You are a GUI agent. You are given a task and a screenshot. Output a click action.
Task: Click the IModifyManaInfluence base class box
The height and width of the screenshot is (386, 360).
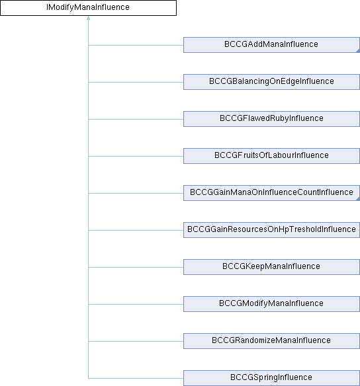click(88, 8)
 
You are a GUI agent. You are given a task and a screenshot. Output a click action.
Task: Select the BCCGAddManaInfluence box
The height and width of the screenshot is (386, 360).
click(271, 45)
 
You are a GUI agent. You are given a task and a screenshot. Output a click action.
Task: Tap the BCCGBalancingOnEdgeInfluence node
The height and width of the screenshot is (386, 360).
click(271, 82)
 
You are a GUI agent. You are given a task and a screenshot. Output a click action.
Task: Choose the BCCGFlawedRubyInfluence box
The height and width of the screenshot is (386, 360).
click(271, 119)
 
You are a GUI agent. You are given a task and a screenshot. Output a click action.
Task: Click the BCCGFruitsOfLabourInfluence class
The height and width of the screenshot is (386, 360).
click(271, 156)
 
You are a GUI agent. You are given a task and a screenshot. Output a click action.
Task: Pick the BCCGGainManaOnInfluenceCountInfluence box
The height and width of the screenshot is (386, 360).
click(271, 193)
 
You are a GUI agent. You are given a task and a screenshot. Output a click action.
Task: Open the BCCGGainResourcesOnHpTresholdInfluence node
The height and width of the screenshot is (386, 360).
click(271, 230)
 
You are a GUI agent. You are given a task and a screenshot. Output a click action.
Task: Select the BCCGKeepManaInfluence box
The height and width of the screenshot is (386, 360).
click(271, 267)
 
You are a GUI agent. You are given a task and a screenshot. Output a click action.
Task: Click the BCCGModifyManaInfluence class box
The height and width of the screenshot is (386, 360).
click(271, 304)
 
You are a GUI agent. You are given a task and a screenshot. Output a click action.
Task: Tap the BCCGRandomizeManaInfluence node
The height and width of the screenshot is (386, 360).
click(271, 341)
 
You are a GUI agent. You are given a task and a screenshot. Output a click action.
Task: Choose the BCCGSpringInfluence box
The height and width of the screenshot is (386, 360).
click(271, 378)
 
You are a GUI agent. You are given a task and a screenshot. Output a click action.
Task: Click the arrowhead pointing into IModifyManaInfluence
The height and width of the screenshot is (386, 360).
click(88, 18)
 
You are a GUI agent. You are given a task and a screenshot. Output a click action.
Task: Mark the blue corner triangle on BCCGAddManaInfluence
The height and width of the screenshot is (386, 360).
click(359, 51)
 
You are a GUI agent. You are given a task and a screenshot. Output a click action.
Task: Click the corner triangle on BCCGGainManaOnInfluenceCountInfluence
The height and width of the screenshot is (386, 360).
click(359, 199)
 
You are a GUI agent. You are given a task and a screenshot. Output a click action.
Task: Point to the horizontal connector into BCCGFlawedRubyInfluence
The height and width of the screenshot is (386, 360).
click(136, 119)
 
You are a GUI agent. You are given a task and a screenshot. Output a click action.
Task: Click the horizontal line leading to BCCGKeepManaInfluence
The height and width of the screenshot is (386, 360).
click(136, 267)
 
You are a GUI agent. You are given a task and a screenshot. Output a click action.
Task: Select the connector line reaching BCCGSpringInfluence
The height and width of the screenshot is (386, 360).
click(136, 378)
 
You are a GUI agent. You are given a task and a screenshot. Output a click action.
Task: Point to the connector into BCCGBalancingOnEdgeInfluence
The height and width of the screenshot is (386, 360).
click(136, 82)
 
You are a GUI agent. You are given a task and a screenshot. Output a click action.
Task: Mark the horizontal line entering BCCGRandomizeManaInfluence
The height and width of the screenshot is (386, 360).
click(136, 341)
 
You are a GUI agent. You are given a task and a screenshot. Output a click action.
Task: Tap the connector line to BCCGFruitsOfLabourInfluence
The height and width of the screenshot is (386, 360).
click(136, 156)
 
